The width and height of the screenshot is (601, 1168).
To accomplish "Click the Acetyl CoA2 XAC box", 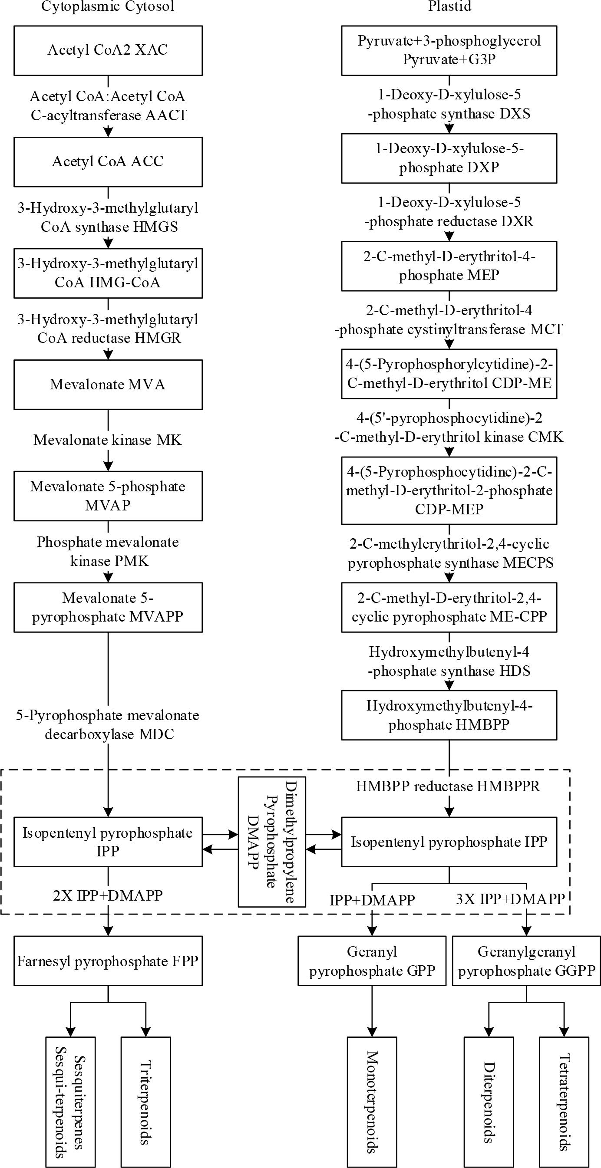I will click(108, 50).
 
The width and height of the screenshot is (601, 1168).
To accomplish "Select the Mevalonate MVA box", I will click(108, 385).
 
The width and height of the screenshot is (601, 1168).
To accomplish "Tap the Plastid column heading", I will click(449, 7).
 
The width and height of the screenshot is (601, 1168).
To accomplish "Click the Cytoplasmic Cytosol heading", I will click(108, 7).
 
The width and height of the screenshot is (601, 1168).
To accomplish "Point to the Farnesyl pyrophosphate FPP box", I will click(108, 961).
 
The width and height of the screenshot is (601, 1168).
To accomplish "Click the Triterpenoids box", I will click(145, 1102).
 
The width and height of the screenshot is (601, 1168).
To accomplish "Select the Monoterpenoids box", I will click(372, 1102).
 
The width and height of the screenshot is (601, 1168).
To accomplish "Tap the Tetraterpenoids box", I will click(564, 1102).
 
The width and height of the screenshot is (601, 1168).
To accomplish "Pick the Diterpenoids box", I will click(489, 1102).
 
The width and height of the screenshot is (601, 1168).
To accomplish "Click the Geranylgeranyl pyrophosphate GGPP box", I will click(526, 961).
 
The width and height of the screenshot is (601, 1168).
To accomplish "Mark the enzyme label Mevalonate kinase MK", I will click(108, 440).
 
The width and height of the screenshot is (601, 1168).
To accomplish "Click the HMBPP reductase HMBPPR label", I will click(448, 786).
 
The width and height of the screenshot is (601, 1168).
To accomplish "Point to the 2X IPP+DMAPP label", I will click(108, 895).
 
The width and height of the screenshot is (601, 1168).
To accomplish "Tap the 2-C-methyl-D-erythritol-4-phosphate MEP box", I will click(449, 266).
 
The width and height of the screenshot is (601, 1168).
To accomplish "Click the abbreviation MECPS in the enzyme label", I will click(528, 563).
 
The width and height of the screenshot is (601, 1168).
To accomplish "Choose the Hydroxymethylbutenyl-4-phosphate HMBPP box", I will click(449, 715).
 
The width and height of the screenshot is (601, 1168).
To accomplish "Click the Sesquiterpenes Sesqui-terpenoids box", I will click(70, 1102).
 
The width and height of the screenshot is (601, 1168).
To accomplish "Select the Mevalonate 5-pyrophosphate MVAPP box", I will click(108, 607).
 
